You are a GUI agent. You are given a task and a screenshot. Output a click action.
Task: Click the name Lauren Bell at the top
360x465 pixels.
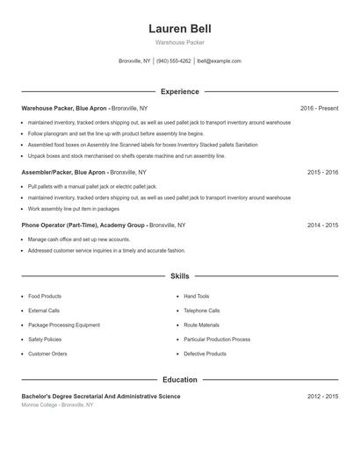pos(179,28)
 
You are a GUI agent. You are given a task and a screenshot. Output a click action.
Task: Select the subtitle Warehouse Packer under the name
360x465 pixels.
pos(179,42)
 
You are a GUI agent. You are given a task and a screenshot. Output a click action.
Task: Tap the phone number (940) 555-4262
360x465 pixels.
pos(174,61)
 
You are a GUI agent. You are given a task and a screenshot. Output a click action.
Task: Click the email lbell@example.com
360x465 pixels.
pos(219,61)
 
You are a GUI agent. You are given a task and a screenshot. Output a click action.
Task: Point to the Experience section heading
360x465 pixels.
pos(179,91)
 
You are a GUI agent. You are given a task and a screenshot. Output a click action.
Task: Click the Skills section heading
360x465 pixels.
pos(179,276)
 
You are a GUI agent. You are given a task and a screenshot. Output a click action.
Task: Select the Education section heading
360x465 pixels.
pos(179,380)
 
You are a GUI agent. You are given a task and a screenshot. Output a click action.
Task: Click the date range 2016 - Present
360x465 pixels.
pos(319,108)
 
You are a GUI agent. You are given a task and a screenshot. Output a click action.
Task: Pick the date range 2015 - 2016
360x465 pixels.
pos(322,173)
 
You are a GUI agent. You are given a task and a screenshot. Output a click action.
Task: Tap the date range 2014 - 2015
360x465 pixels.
pos(322,225)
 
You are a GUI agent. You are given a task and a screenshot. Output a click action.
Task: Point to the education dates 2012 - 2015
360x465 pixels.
pos(322,397)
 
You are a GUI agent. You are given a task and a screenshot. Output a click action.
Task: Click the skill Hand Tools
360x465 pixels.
pos(196,297)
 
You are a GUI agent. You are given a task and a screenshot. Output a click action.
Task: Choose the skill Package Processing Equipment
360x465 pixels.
pos(64,325)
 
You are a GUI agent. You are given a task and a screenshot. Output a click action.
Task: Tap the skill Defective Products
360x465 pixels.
pos(205,354)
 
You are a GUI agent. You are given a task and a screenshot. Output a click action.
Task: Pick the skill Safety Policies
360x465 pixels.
pos(45,340)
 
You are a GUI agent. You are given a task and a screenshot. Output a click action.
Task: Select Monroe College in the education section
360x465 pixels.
pos(40,405)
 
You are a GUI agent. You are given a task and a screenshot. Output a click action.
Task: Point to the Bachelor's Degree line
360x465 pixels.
pos(101,397)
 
